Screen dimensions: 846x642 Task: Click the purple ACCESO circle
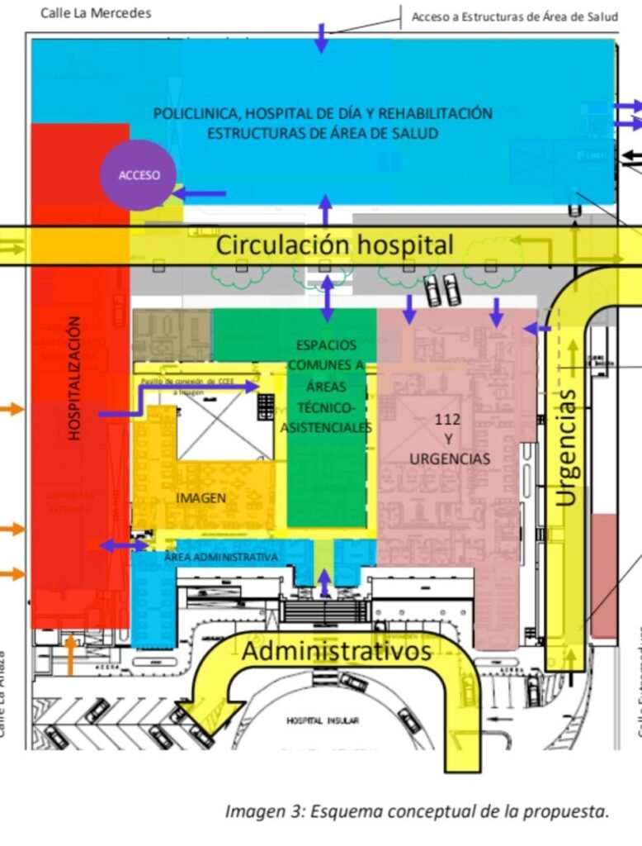point(138,175)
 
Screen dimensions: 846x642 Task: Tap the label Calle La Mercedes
point(96,13)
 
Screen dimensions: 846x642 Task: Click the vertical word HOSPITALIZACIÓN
point(75,378)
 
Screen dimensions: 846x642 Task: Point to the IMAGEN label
point(201,497)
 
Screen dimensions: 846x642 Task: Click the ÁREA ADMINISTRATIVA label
point(220,558)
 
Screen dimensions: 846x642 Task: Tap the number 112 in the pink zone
point(447,420)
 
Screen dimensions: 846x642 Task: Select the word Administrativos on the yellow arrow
point(336,651)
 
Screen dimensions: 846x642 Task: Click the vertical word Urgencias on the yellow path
point(565,447)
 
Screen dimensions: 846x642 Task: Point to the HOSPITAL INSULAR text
point(323,720)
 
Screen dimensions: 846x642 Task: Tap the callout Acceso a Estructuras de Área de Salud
point(514,17)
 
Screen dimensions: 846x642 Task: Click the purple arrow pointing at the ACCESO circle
point(199,193)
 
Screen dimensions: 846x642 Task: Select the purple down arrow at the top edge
point(321,39)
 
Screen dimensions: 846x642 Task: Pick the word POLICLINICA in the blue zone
point(195,114)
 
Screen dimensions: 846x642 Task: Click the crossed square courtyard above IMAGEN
point(225,425)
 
